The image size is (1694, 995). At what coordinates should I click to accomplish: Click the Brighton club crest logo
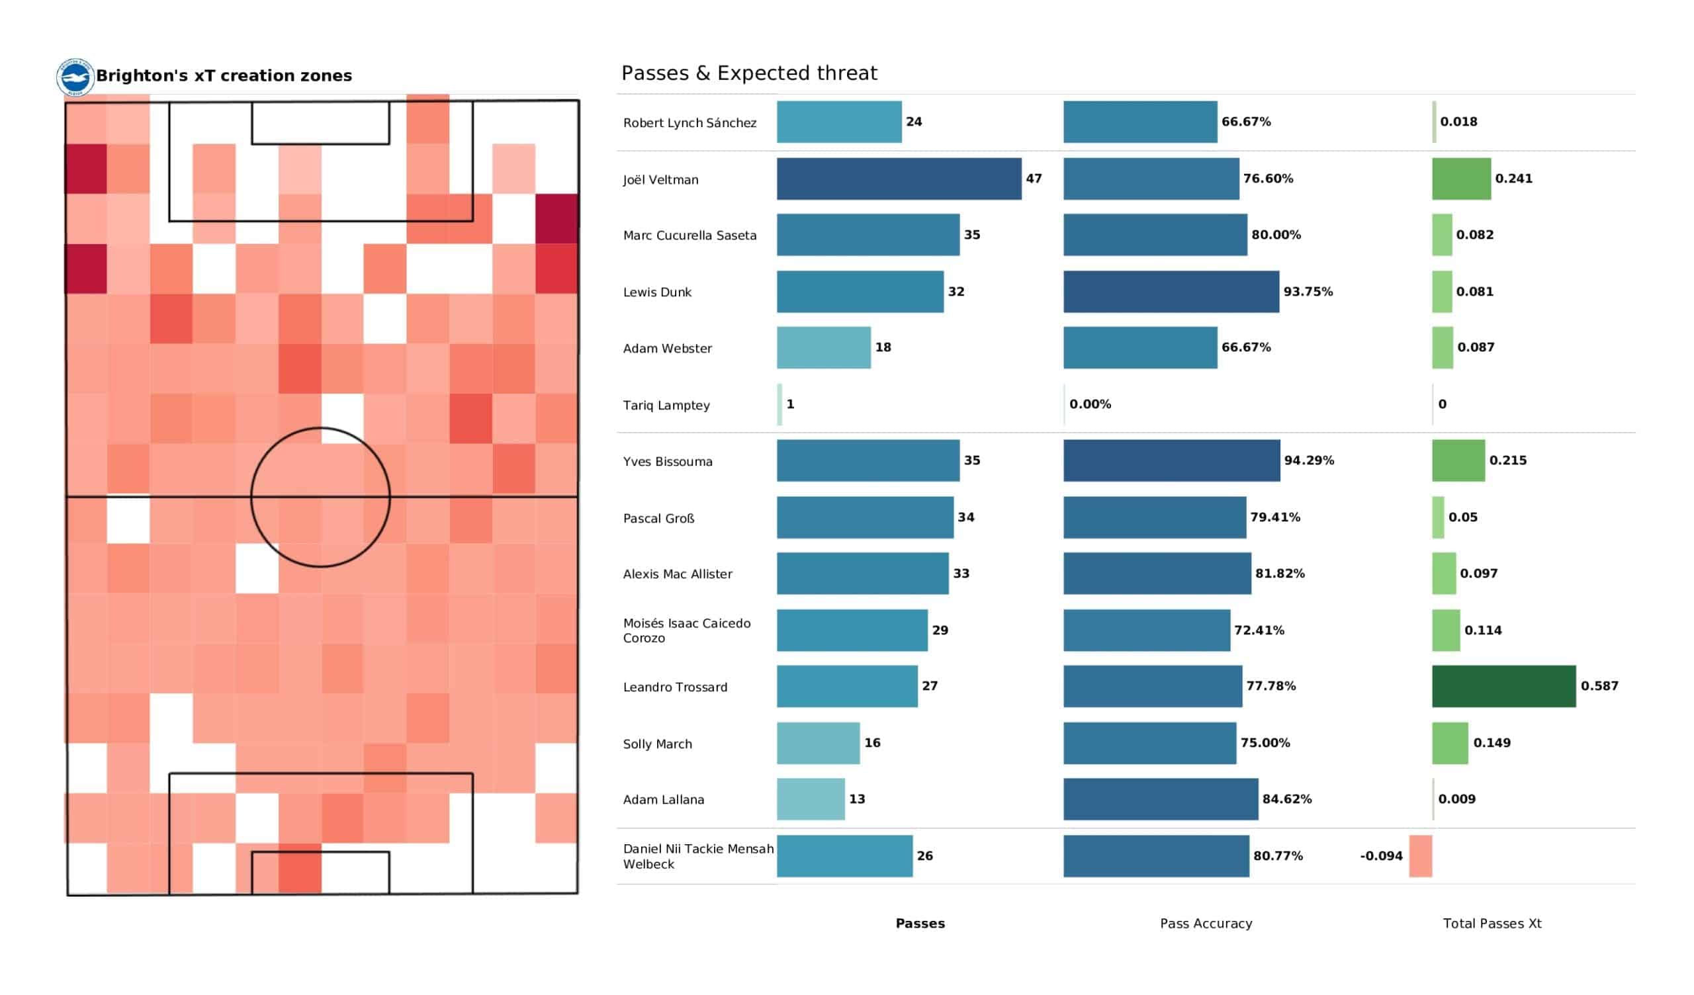75,77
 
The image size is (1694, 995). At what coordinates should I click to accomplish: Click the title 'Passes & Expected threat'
749,73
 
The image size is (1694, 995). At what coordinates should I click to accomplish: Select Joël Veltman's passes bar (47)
899,179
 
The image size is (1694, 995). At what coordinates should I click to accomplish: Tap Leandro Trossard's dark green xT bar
1504,686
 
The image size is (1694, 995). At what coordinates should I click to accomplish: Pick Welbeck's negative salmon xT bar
1421,856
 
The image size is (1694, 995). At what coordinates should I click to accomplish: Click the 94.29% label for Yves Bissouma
1309,460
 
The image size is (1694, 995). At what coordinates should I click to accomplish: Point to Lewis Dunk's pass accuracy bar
1171,292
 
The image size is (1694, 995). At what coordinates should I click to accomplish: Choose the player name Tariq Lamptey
666,406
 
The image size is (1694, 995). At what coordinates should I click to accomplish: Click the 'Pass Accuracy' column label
1206,924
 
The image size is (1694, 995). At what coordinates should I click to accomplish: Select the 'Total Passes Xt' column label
1492,924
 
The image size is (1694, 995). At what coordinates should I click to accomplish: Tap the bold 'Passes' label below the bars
920,924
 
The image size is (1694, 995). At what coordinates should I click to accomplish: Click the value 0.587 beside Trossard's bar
1599,686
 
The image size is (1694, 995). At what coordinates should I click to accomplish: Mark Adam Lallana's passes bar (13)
811,799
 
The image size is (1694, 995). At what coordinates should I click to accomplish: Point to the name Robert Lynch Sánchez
690,122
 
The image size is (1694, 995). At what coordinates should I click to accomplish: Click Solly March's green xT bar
1450,743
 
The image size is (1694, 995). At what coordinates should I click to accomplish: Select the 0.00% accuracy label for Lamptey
1090,404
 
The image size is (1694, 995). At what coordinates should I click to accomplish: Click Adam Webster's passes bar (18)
823,347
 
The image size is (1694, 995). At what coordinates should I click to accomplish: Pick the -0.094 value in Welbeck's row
1381,856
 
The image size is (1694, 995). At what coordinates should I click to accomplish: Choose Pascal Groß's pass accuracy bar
1154,517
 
